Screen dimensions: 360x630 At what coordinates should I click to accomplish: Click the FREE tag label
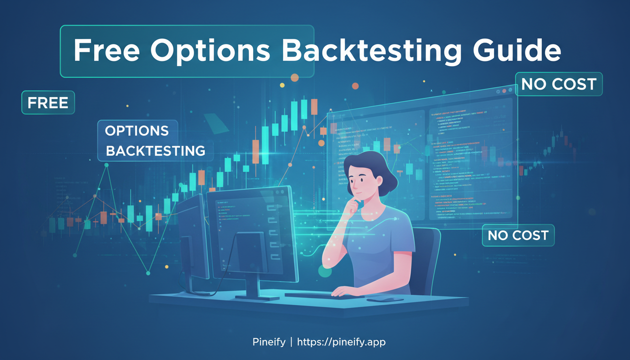(48, 103)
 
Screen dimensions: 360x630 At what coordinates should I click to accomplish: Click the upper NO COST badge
(558, 84)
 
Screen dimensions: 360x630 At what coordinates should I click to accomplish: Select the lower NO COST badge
(518, 235)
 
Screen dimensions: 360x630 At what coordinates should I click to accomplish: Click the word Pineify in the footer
(268, 342)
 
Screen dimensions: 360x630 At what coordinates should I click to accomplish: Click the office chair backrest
(427, 258)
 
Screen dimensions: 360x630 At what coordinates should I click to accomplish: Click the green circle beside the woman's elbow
(325, 271)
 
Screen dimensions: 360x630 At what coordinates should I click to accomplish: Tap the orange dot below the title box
(294, 78)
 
